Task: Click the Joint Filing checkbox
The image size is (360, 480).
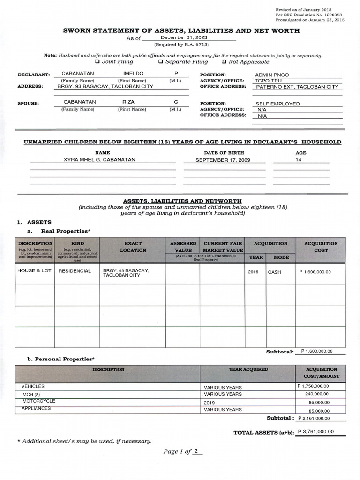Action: (x=97, y=61)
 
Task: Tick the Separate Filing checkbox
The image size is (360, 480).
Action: (x=160, y=61)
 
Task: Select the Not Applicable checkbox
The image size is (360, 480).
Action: (x=224, y=61)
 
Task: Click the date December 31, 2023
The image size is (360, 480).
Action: (x=183, y=37)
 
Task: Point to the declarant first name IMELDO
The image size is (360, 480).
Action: (x=133, y=74)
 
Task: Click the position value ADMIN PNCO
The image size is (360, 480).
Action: (x=275, y=75)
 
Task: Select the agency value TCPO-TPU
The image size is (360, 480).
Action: (x=269, y=81)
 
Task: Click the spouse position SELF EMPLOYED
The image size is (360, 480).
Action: (x=277, y=104)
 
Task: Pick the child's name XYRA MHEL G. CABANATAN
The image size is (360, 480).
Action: (x=99, y=160)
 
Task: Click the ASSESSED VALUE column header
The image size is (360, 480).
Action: (x=183, y=247)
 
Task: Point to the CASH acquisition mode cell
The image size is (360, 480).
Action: (x=275, y=272)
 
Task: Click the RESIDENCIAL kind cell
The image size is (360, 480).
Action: (x=75, y=271)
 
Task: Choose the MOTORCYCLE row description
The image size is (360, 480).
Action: (x=38, y=401)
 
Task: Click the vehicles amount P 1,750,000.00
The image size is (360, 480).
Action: (x=313, y=386)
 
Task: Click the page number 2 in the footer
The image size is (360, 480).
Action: (x=197, y=451)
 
